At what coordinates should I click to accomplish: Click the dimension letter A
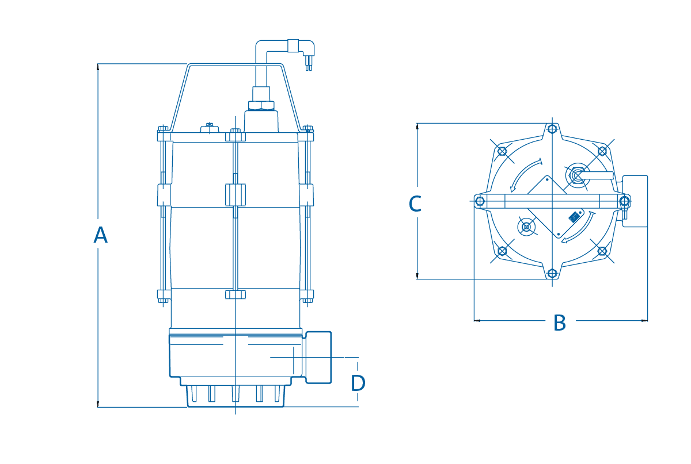(101, 235)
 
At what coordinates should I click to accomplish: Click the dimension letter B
(560, 323)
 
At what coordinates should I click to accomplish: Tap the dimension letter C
(415, 204)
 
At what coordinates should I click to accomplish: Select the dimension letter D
(358, 384)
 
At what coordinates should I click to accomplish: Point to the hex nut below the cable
(261, 105)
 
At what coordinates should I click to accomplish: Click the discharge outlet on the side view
(318, 358)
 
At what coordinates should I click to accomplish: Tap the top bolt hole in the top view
(552, 128)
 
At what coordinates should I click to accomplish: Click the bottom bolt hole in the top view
(552, 273)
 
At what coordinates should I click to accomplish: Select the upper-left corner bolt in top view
(502, 151)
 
